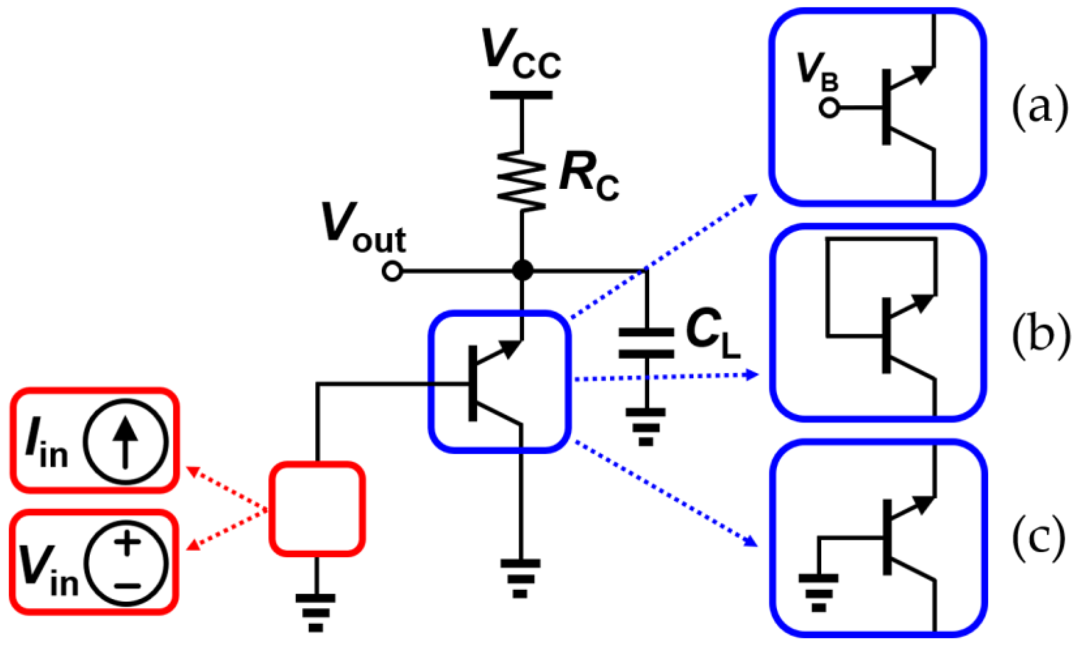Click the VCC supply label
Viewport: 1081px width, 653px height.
521,55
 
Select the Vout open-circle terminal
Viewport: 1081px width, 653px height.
392,271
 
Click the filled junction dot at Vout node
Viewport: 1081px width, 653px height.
522,270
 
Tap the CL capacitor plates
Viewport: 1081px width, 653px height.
646,343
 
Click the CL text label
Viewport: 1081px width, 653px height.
712,334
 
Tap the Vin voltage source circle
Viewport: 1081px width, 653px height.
126,564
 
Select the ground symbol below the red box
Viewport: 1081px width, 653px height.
315,613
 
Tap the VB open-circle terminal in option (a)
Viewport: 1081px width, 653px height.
829,107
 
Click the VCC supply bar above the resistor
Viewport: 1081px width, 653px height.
521,95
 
